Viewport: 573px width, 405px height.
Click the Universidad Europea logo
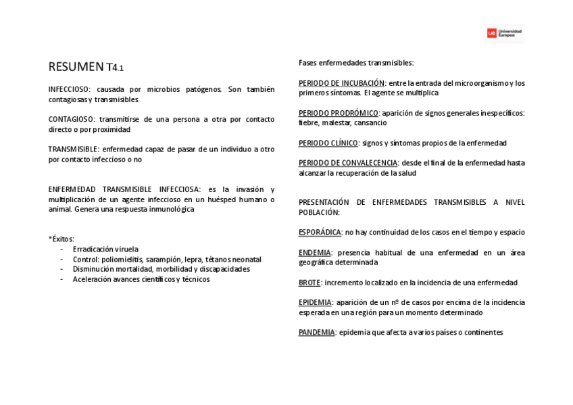(505, 33)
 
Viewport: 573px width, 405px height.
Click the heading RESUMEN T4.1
(86, 67)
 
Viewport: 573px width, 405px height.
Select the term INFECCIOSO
(69, 89)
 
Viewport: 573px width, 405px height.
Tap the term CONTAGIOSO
(71, 119)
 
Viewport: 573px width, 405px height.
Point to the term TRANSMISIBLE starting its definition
(74, 149)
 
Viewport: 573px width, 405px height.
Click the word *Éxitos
(61, 239)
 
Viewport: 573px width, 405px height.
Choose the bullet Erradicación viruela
(105, 249)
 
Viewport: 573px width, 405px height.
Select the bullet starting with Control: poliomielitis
(167, 259)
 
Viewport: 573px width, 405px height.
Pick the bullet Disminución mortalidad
(161, 269)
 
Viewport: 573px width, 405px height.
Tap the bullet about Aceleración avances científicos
(141, 279)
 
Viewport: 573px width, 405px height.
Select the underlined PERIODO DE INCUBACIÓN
(341, 83)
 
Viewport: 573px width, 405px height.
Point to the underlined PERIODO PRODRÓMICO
(339, 113)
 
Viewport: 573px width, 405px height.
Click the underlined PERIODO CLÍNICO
(328, 143)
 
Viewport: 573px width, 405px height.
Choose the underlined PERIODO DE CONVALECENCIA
(348, 163)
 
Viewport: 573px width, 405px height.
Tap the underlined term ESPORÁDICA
(320, 233)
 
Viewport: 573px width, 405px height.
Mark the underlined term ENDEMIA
(315, 253)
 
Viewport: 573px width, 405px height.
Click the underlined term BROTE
(309, 283)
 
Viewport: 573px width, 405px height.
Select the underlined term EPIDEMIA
(315, 302)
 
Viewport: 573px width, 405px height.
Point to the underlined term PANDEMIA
(317, 333)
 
